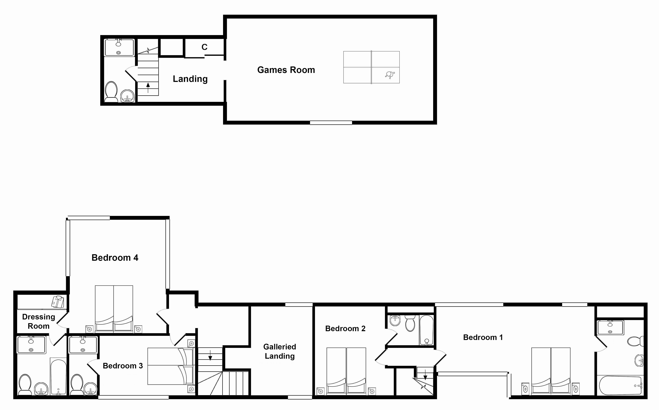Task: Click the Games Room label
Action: (x=286, y=70)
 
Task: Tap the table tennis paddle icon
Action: (x=390, y=75)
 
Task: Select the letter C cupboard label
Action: (x=204, y=47)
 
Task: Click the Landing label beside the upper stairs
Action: (x=190, y=79)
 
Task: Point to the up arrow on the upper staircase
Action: (x=148, y=88)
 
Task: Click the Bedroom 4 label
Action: (x=115, y=258)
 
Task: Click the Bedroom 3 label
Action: (x=123, y=366)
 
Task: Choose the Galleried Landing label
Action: (x=280, y=351)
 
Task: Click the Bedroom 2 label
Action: (x=345, y=329)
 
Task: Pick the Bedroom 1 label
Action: (x=483, y=337)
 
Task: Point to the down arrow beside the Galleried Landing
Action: (x=210, y=355)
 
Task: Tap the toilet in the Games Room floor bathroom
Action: (x=111, y=92)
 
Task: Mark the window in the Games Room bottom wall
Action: (x=331, y=123)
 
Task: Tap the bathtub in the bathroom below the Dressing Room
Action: (x=58, y=376)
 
